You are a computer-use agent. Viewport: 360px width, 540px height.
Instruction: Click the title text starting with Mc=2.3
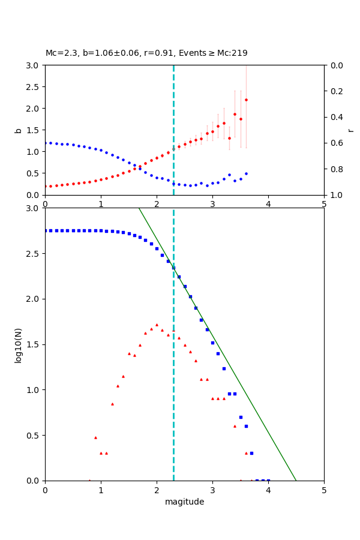click(x=146, y=53)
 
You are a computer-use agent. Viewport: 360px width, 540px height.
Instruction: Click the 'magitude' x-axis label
click(x=184, y=502)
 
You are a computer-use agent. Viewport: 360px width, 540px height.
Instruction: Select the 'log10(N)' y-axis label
click(x=18, y=344)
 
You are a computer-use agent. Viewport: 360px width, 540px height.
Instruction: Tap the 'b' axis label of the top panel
click(x=18, y=130)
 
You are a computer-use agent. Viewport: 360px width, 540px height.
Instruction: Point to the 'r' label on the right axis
click(x=350, y=130)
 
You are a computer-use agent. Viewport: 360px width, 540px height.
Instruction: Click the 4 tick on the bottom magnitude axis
click(x=268, y=490)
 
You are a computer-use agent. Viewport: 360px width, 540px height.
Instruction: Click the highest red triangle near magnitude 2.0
click(x=157, y=325)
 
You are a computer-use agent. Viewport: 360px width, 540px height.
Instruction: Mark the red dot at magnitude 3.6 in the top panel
click(x=246, y=100)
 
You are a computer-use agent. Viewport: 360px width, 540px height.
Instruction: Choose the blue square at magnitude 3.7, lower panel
click(x=251, y=453)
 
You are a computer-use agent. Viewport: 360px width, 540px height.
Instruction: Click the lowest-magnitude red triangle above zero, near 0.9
click(x=95, y=437)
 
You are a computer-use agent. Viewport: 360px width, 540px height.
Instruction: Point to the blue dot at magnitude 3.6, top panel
click(x=246, y=173)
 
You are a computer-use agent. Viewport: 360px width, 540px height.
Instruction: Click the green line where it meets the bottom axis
click(x=296, y=480)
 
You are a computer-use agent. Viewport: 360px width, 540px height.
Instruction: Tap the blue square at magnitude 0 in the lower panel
click(x=46, y=230)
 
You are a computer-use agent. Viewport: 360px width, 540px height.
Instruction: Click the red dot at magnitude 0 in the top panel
click(x=46, y=186)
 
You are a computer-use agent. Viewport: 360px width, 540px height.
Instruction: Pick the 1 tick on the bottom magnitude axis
click(x=101, y=490)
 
